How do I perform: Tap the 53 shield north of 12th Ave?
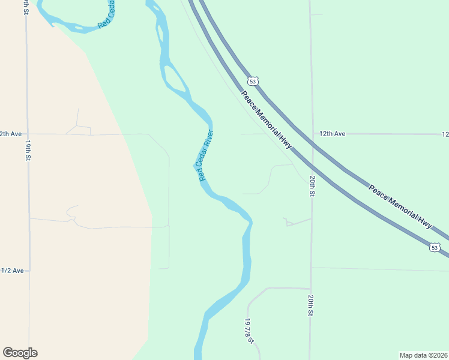point(253,80)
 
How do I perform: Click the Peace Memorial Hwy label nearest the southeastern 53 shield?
point(400,206)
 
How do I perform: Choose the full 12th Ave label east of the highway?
point(332,134)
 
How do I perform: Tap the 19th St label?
point(28,150)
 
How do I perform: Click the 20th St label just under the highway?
point(312,186)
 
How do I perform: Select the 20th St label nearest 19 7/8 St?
point(311,305)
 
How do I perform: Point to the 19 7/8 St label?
point(249,330)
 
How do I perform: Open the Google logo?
point(20,353)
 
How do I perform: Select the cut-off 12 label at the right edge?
point(445,134)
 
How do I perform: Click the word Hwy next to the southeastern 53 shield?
point(425,222)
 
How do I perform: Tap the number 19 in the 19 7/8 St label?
point(247,322)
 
